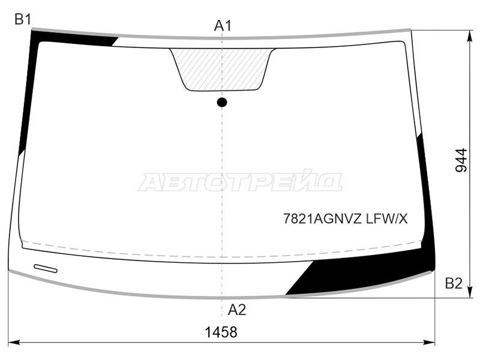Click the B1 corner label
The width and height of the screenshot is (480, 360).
23,20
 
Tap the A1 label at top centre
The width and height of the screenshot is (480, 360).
223,26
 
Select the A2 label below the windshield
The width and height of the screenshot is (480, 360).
236,310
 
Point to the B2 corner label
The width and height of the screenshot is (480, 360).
454,283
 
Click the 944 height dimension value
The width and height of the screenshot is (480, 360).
461,160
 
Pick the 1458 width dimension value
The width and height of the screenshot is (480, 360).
221,332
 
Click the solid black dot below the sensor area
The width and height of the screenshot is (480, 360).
222,102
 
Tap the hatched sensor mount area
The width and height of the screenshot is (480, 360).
223,69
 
